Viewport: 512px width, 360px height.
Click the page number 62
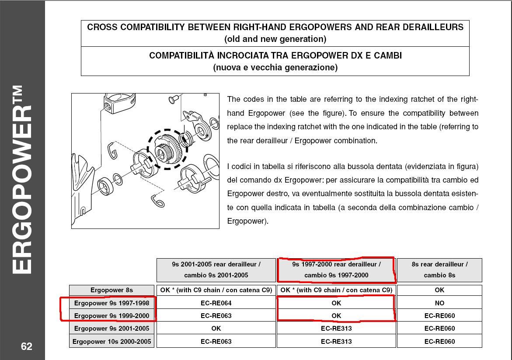(x=26, y=346)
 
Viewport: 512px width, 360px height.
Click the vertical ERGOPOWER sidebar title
(x=22, y=180)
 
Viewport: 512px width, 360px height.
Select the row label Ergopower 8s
(x=111, y=290)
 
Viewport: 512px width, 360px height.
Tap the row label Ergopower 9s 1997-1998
(x=111, y=303)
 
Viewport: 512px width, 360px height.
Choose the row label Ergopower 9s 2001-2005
(x=111, y=329)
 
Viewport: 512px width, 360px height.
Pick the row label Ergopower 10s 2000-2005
(x=111, y=341)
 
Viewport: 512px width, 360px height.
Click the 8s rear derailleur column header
(x=439, y=270)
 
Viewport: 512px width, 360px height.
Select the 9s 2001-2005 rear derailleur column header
(x=216, y=270)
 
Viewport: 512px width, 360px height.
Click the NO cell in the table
(x=439, y=303)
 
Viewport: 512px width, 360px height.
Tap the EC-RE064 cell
(x=216, y=303)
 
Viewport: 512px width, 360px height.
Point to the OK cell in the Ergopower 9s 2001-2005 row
(x=216, y=329)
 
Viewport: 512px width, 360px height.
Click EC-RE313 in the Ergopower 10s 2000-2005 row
(x=336, y=341)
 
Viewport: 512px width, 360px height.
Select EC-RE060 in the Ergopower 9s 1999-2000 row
(x=439, y=315)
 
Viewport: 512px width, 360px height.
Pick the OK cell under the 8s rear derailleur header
(x=439, y=290)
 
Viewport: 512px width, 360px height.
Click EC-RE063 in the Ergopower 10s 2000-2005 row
(x=216, y=341)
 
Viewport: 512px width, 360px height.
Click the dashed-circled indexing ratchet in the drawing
(x=167, y=149)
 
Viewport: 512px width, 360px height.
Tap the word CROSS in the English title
(x=102, y=27)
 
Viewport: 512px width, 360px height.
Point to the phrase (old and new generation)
(x=275, y=39)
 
